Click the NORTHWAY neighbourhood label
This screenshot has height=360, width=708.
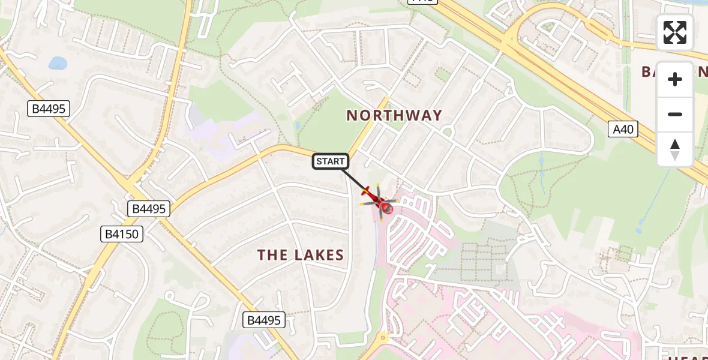394,115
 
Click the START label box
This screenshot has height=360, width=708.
331,161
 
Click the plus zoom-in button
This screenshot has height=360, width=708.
675,79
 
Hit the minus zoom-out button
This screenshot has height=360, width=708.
675,114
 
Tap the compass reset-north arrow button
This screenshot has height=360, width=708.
675,149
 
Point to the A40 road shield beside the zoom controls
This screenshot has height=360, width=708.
622,129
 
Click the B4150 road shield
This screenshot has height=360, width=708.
122,234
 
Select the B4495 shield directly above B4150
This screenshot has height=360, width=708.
149,209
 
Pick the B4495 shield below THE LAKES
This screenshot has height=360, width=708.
263,320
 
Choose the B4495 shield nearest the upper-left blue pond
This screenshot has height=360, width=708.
49,109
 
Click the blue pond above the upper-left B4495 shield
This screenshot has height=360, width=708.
58,62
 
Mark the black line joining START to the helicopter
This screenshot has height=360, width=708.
355,181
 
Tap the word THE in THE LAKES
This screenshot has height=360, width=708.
272,255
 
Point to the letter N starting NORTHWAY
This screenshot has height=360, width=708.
352,115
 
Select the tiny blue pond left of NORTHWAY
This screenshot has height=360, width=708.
298,125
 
